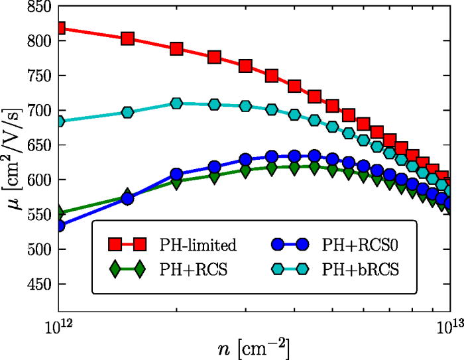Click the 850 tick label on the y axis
(38, 7)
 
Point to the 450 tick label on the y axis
(38, 284)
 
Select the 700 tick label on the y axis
(38, 111)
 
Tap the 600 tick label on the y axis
(38, 180)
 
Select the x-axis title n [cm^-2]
(255, 347)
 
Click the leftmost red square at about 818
(60, 29)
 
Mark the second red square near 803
(128, 38)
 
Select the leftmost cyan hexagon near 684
(60, 121)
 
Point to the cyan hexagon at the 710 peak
(176, 103)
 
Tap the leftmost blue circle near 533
(60, 225)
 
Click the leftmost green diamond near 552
(60, 213)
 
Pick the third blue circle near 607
(176, 175)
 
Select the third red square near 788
(176, 49)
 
